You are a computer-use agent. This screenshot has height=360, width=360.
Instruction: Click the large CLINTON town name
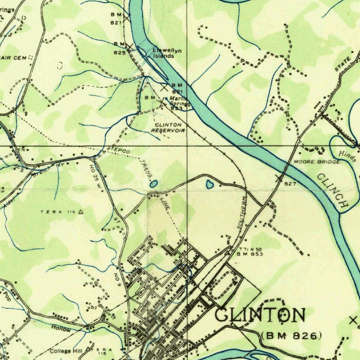pos(260,315)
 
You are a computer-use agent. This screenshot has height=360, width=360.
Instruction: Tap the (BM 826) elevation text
pos(291,336)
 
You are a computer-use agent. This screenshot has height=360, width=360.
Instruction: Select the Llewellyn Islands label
pos(167,53)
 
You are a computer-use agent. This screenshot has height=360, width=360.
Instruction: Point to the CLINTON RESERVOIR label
pos(168,128)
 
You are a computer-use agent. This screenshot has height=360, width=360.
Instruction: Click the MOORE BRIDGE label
pos(317,162)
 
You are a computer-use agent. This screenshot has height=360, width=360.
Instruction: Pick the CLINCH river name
pos(333,190)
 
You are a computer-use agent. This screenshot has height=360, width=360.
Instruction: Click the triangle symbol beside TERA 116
pos(81,212)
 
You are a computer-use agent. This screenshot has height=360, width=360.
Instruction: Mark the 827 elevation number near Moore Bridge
pos(290,184)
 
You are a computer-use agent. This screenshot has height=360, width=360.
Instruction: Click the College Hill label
pos(65,351)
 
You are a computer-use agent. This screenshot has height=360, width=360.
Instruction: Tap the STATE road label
pos(343,65)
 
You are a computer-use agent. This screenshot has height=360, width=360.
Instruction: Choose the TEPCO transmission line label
pos(121,150)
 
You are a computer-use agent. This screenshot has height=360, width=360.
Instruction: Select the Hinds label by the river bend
pos(348,156)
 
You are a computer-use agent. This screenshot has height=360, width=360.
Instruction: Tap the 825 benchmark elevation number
pos(120,53)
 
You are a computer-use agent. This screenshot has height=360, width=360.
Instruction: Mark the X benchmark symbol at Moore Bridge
pos(279,179)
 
